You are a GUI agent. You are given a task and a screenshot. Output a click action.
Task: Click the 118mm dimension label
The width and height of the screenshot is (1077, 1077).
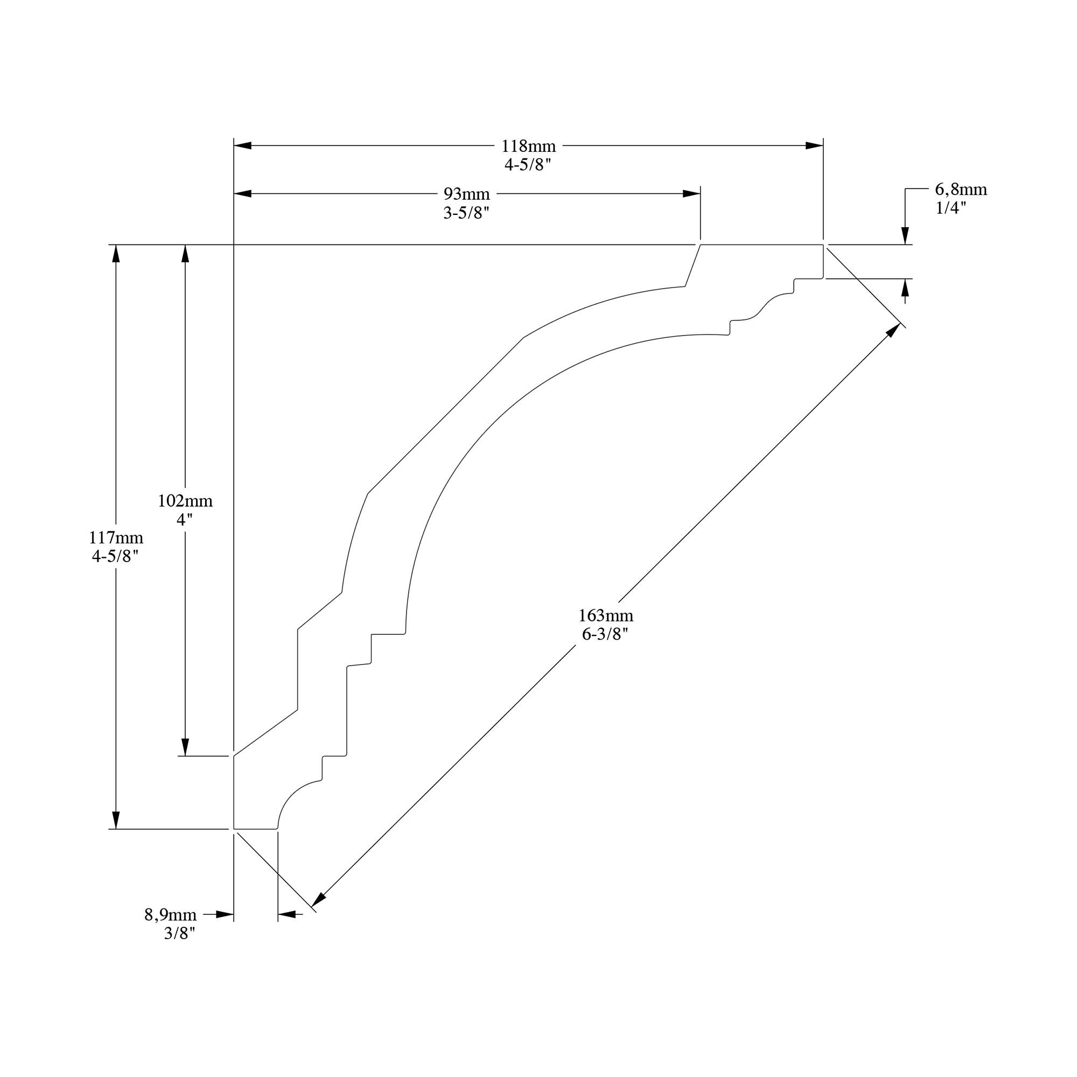click(x=528, y=146)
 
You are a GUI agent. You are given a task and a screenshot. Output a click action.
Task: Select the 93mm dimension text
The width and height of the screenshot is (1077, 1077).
click(x=466, y=194)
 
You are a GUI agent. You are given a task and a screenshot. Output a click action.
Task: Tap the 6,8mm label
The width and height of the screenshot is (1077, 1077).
click(x=961, y=190)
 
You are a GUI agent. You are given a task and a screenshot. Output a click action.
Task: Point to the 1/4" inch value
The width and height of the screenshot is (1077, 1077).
click(x=950, y=208)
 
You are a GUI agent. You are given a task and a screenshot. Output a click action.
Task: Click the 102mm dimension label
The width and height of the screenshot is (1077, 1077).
click(x=185, y=501)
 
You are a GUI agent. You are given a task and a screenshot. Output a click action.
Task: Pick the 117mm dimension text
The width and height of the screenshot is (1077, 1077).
click(x=116, y=538)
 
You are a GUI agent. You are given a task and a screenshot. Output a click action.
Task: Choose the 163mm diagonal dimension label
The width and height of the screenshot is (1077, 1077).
click(x=605, y=616)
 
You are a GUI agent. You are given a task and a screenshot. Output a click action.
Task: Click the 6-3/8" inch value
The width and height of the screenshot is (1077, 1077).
click(x=605, y=634)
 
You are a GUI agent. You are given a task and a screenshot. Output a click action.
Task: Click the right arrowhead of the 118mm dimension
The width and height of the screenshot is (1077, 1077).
click(x=814, y=145)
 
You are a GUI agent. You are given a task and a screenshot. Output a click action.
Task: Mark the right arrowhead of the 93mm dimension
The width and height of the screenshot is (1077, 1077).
click(x=692, y=193)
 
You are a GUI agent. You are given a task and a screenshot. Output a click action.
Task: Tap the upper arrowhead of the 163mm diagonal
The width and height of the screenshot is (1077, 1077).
click(x=893, y=330)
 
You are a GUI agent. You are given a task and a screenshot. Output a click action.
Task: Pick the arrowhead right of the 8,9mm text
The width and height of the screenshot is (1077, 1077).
click(x=225, y=914)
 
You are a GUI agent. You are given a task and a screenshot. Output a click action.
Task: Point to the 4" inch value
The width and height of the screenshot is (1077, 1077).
click(x=185, y=520)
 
